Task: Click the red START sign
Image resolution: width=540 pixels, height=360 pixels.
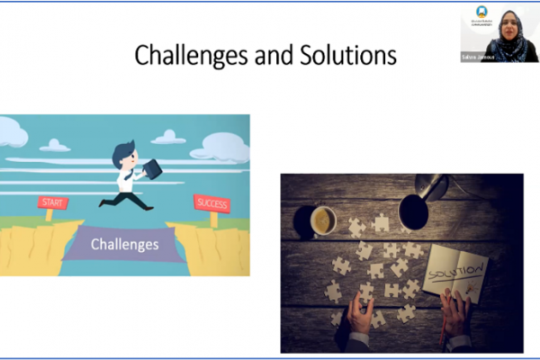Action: click(53, 203)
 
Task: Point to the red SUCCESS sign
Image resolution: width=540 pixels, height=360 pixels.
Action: click(211, 204)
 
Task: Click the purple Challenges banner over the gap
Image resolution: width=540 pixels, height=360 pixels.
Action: click(125, 244)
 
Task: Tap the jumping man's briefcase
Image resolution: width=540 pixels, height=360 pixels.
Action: click(152, 168)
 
